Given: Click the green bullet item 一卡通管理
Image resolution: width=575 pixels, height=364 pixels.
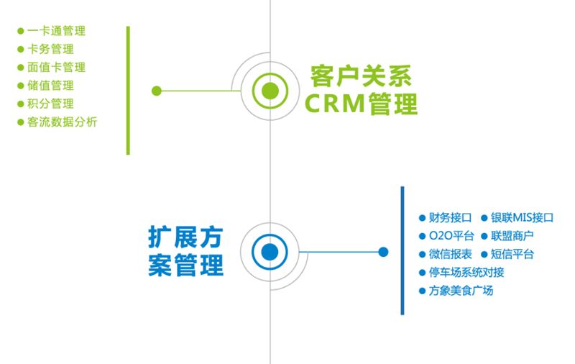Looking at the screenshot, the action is [x=56, y=31].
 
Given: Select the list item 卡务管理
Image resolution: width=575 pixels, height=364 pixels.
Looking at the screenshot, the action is [x=50, y=49].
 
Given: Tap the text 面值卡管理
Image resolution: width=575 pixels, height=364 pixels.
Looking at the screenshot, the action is [x=56, y=67].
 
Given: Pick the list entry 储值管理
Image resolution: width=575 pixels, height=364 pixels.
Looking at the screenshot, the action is [x=50, y=86].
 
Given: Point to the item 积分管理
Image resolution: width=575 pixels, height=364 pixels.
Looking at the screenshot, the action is [x=50, y=104].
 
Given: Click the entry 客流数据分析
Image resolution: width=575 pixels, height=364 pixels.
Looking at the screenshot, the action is [x=62, y=122].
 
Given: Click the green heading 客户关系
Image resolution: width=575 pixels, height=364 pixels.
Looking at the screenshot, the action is [x=361, y=76].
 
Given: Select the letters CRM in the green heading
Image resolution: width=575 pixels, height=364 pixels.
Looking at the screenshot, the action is [x=334, y=104].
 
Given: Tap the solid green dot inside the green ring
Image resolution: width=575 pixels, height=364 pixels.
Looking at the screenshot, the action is [x=270, y=91].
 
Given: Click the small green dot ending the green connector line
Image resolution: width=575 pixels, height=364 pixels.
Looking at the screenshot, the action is [x=157, y=91].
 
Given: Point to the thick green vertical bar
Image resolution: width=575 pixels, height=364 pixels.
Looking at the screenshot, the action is [x=128, y=90].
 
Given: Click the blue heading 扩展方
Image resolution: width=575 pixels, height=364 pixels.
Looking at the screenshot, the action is [x=185, y=237].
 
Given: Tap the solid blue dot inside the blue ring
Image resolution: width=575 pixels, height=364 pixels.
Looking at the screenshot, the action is [x=270, y=252].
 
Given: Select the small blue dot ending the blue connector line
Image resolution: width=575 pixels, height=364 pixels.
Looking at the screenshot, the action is [x=383, y=252].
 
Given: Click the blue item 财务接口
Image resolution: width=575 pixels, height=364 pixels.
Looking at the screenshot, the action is [x=450, y=217].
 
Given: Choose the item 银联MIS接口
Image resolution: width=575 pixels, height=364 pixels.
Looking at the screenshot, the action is [x=522, y=217].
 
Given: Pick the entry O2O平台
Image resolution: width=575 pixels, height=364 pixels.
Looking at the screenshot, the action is [x=451, y=235].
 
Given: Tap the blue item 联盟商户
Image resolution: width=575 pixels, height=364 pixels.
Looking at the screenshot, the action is [x=512, y=235].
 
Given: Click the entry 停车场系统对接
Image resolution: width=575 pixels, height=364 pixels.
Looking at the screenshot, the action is [x=466, y=272].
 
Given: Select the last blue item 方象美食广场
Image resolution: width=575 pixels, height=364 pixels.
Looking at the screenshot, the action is [x=461, y=291].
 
